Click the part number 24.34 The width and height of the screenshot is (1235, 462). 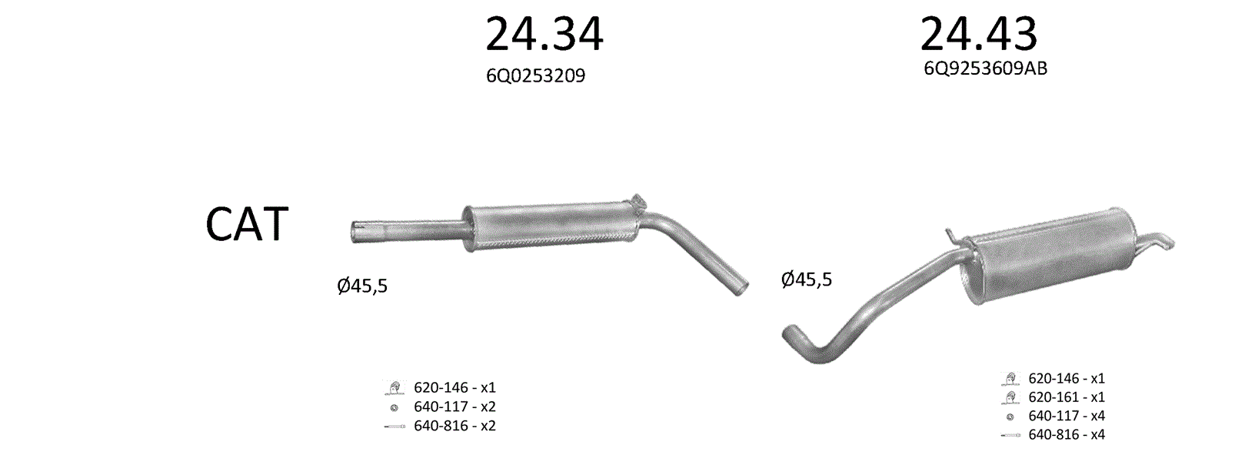click(x=544, y=34)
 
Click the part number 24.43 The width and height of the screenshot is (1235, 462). click(x=979, y=34)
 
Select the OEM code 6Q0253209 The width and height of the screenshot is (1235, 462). click(x=535, y=75)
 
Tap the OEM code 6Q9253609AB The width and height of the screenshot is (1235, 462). click(x=985, y=69)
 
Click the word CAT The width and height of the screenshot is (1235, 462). click(x=247, y=224)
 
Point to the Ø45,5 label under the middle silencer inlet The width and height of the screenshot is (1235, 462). click(x=362, y=286)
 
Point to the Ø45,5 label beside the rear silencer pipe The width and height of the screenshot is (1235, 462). click(x=807, y=280)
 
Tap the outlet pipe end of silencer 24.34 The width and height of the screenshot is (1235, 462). click(x=742, y=288)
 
